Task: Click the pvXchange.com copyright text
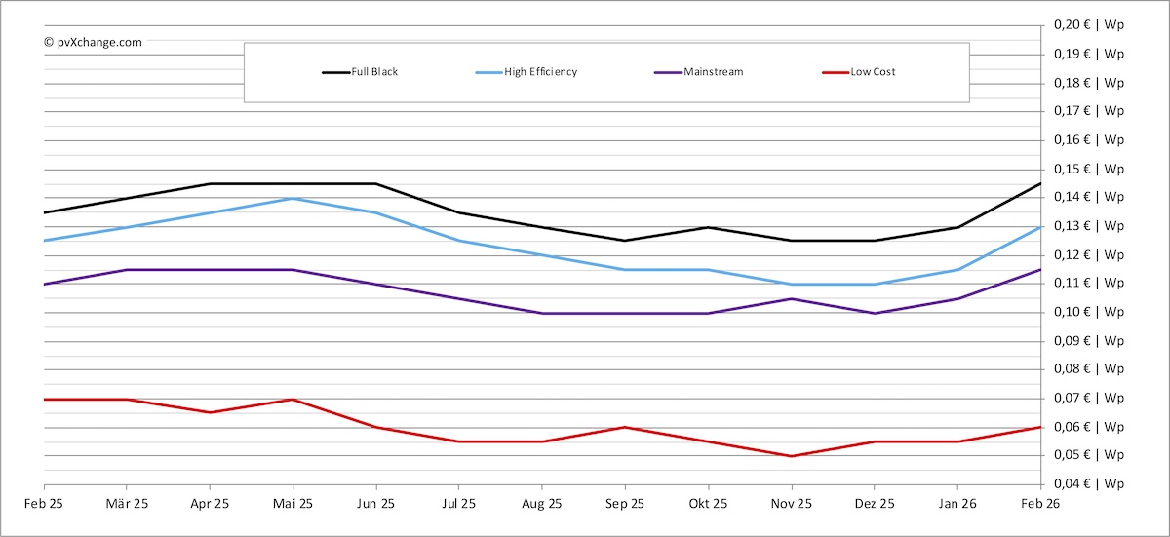pos(93,42)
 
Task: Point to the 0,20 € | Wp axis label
pos(1089,25)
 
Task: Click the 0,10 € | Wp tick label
pos(1089,313)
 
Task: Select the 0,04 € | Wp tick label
pos(1089,484)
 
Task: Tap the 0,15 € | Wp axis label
pos(1089,170)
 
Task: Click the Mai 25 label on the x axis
pos(292,504)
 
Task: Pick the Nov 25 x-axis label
pos(791,504)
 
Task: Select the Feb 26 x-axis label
pos(1039,504)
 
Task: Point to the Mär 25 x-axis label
pos(127,504)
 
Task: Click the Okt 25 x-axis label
pos(708,504)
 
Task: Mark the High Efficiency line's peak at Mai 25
pos(292,199)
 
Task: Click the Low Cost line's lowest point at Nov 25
pos(791,456)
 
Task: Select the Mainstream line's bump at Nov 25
pos(791,299)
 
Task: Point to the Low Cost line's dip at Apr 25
pos(210,412)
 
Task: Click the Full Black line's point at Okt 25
pos(708,227)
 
